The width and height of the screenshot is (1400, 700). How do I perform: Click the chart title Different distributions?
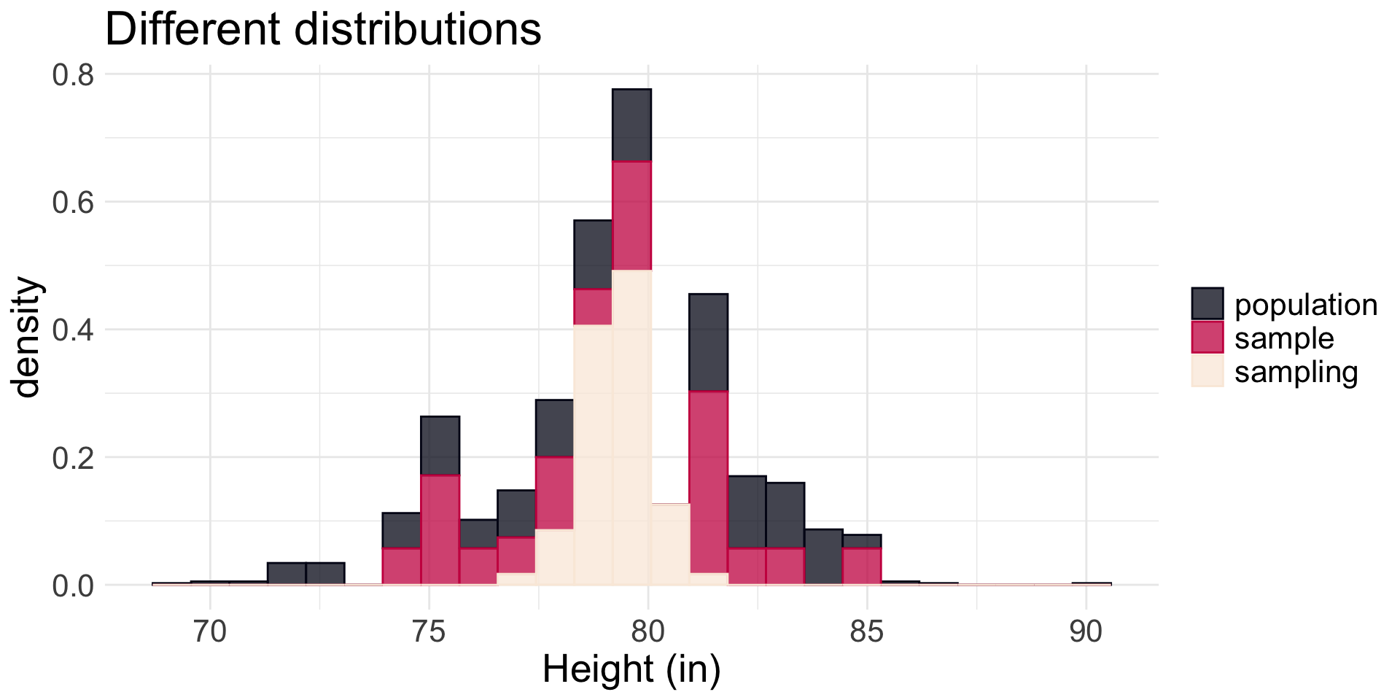tap(323, 30)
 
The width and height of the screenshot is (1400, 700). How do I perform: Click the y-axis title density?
tap(28, 337)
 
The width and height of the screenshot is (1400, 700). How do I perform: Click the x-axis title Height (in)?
tap(631, 669)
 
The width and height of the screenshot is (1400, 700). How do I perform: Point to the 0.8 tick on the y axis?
tap(73, 74)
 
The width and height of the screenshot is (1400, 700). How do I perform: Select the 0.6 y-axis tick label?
tap(73, 202)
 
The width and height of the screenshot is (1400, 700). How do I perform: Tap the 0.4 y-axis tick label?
tap(73, 330)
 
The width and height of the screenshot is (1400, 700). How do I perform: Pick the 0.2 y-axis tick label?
tap(73, 457)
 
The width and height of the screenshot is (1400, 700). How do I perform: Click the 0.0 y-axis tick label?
tap(73, 586)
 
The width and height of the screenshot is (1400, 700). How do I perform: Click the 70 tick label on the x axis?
tap(210, 631)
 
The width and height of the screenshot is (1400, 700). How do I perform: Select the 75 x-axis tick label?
tap(429, 631)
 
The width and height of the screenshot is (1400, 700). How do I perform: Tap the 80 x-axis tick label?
tap(647, 631)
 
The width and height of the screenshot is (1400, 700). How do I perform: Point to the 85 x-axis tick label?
tap(867, 631)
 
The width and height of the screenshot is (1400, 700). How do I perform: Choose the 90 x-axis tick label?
tap(1086, 631)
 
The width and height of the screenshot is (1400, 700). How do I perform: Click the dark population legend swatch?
tap(1207, 304)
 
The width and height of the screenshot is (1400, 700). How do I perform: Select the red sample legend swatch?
tap(1207, 338)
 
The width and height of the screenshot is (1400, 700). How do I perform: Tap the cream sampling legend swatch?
tap(1207, 371)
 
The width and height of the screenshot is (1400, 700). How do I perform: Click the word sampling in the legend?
tap(1296, 372)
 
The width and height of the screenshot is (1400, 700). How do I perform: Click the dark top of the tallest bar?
tap(631, 124)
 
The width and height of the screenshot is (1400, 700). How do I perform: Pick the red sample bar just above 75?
tap(440, 529)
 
